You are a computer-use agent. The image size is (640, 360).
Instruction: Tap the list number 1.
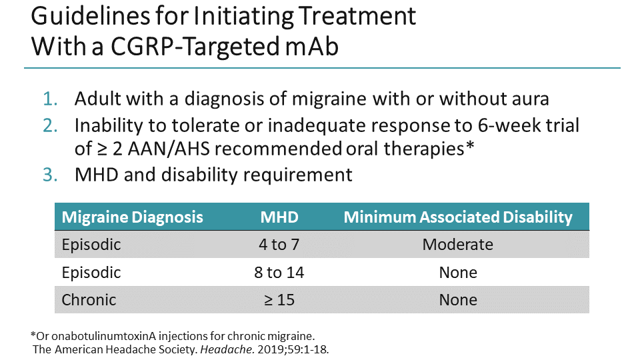(x=51, y=99)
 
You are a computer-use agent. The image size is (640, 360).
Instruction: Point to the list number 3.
(x=51, y=175)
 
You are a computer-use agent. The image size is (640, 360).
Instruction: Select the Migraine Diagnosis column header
(x=132, y=217)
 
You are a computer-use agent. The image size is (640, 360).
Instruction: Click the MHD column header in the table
(x=279, y=217)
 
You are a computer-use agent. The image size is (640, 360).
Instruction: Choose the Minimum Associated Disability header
(x=458, y=217)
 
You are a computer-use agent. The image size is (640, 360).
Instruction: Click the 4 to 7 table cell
(x=279, y=245)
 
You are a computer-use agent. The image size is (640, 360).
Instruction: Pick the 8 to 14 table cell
(x=279, y=272)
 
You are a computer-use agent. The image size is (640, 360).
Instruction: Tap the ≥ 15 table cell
(x=279, y=300)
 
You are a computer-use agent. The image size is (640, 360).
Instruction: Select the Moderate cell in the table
(x=458, y=245)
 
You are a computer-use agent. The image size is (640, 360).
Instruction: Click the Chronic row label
(x=89, y=300)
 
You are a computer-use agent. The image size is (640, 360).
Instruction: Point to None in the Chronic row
(x=458, y=300)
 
